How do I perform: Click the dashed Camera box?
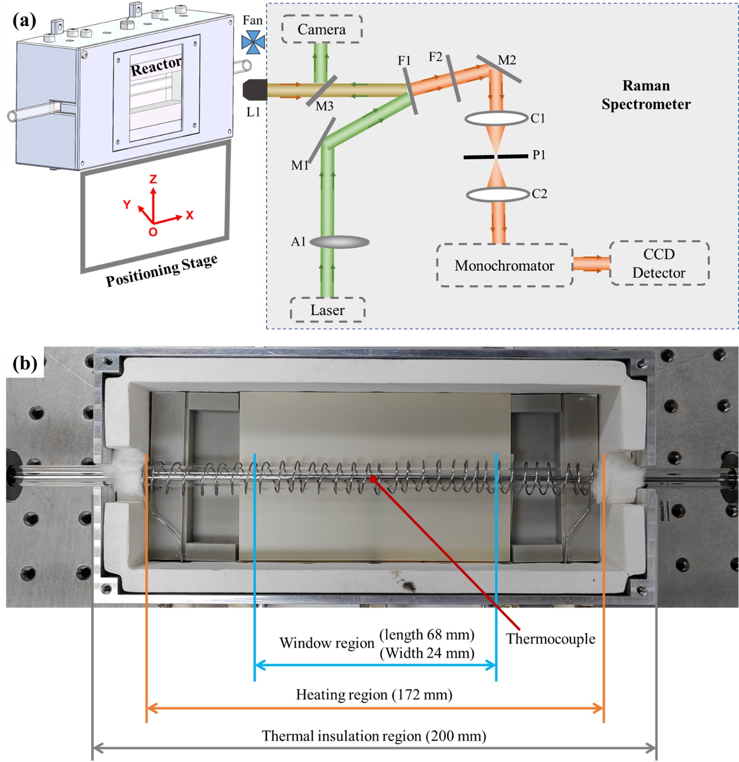(x=322, y=29)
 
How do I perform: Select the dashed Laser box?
(x=327, y=310)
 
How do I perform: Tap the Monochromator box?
(x=504, y=266)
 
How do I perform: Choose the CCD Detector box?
(x=659, y=264)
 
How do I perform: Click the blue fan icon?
(x=253, y=42)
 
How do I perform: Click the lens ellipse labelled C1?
(x=496, y=118)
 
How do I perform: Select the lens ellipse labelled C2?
(x=498, y=194)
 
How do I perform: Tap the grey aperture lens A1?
(x=339, y=242)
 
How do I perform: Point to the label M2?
(x=507, y=60)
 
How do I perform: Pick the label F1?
(x=404, y=61)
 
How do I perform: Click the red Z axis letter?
(x=153, y=179)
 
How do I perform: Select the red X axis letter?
(x=189, y=215)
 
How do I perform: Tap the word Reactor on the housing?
(x=156, y=66)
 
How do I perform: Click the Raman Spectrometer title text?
(x=646, y=95)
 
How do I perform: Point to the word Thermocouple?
(x=551, y=639)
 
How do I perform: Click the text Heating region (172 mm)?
(x=374, y=694)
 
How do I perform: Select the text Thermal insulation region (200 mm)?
(x=374, y=736)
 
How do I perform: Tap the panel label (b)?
(x=25, y=363)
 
